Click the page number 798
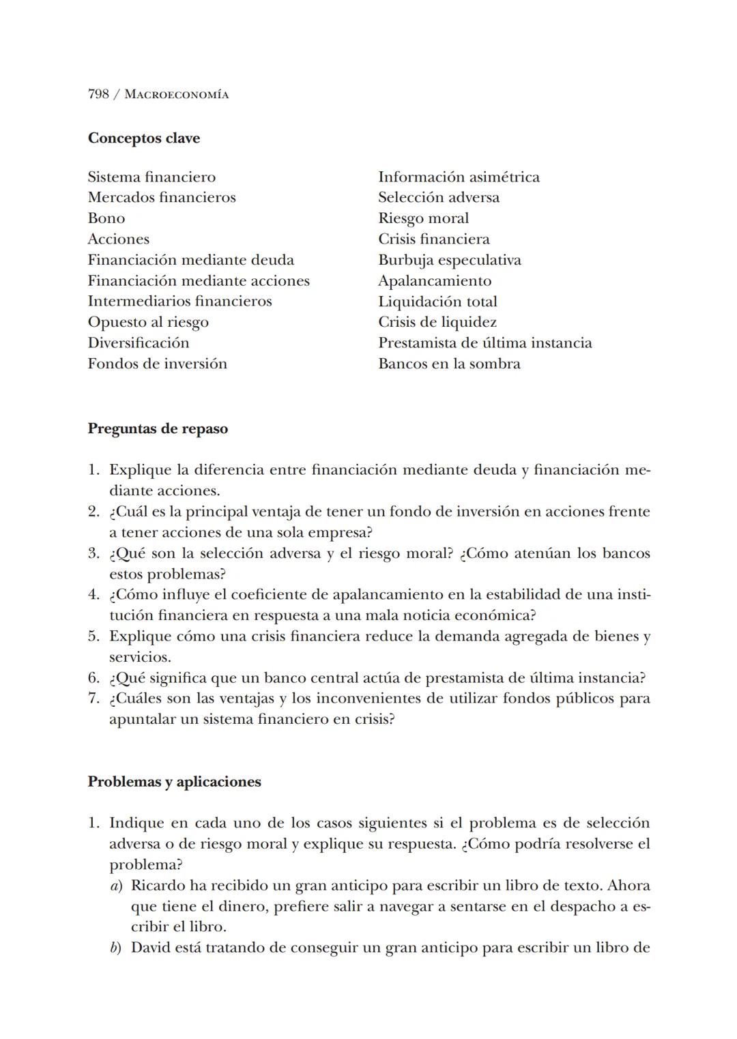(98, 94)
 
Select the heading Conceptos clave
(143, 138)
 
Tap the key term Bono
(106, 218)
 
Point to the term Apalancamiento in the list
(435, 281)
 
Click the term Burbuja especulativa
(450, 260)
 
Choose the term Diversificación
(139, 343)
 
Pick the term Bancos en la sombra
(449, 364)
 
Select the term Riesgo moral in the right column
(423, 218)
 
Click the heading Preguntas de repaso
(158, 429)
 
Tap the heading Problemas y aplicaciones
(174, 782)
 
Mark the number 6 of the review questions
(93, 678)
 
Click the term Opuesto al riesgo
(148, 322)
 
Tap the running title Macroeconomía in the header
(177, 95)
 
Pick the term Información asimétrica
(459, 177)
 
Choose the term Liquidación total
(437, 302)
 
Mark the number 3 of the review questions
(93, 553)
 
